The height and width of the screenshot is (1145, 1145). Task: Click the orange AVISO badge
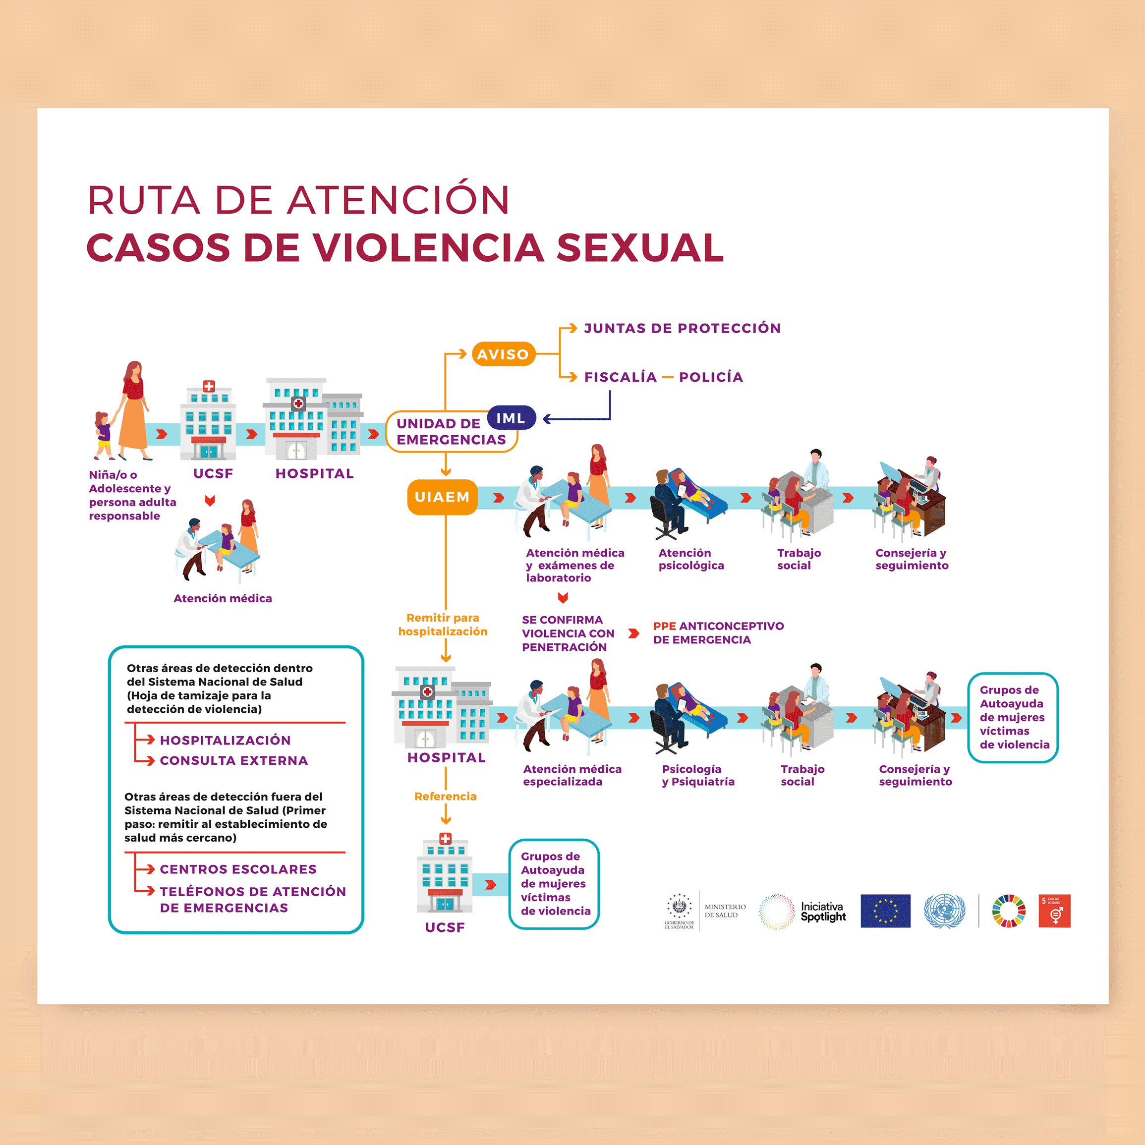503,354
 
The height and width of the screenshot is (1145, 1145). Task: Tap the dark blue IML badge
511,418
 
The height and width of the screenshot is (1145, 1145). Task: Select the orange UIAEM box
442,497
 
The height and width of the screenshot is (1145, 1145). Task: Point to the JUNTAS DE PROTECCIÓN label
682,328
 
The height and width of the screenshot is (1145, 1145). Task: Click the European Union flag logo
885,911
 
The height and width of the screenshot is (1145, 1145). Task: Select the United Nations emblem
944,911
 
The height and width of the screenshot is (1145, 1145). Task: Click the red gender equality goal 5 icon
1054,911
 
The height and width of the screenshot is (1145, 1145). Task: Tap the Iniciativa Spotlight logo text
823,912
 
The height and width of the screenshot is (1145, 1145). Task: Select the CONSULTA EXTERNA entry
233,760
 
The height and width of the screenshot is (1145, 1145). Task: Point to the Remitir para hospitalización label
443,625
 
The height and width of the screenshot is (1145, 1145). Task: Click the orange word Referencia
445,797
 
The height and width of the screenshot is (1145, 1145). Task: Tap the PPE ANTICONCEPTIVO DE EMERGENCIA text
718,633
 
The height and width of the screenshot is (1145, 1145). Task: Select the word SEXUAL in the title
640,247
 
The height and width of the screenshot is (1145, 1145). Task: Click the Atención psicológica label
691,559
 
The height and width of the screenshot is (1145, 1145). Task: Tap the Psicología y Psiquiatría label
697,775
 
